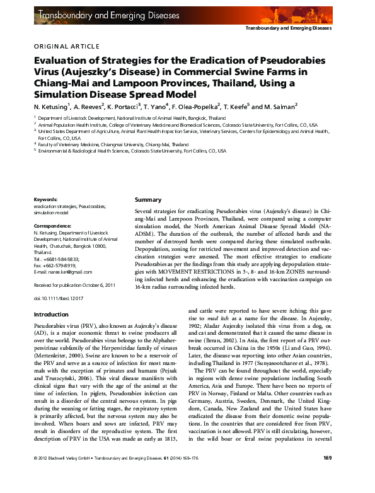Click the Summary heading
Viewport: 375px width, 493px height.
coord(148,200)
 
